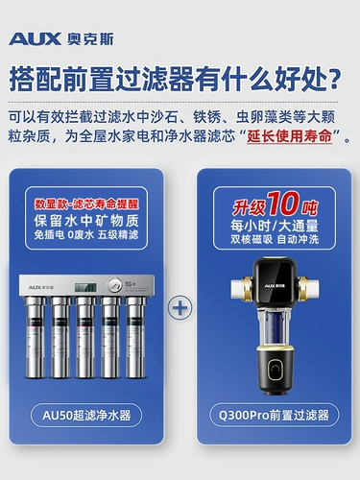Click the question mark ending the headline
pyautogui.click(x=337, y=77)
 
